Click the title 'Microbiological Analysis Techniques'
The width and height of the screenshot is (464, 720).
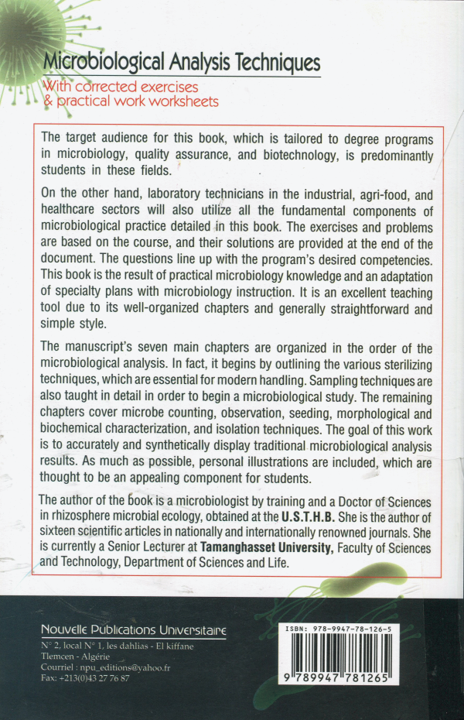pyautogui.click(x=181, y=61)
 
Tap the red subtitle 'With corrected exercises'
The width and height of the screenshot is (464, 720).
pyautogui.click(x=121, y=86)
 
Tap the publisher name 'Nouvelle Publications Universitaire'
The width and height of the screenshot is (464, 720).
pyautogui.click(x=133, y=629)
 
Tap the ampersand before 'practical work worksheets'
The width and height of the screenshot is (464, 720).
pyautogui.click(x=47, y=101)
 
